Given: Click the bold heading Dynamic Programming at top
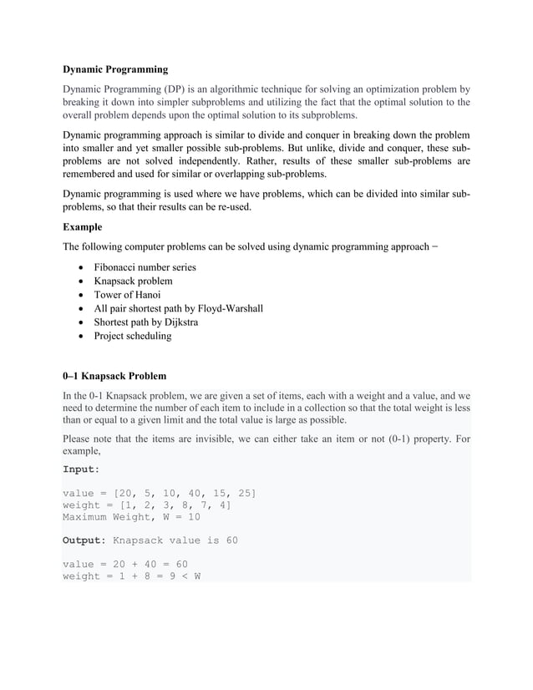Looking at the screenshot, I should [115, 69].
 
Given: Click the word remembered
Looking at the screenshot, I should [95, 175].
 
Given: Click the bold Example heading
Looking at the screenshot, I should [83, 227].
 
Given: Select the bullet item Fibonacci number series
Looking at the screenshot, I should [145, 267].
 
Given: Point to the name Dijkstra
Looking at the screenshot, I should [178, 322].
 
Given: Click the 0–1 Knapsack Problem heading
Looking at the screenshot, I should [114, 376].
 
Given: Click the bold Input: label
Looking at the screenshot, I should [81, 469].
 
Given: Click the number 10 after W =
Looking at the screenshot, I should [192, 517].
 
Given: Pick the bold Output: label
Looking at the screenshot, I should [84, 540].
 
